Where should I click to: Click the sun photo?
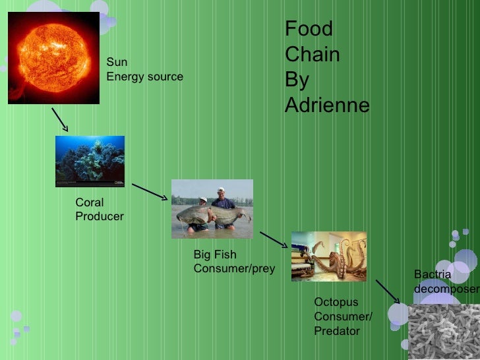(x=53, y=58)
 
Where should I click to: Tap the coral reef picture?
(x=90, y=161)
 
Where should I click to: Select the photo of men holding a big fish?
(x=212, y=208)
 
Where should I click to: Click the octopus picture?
(x=328, y=256)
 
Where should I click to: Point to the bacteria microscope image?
(x=444, y=332)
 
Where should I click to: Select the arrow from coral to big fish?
(x=150, y=191)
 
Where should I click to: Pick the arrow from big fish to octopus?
(x=274, y=239)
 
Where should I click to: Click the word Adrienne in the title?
(x=327, y=105)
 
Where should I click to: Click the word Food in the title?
(x=309, y=30)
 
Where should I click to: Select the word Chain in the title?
(x=312, y=55)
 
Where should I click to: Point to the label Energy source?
(x=145, y=77)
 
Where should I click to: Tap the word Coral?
(x=90, y=202)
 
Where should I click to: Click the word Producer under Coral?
(x=100, y=216)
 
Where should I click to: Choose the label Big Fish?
(x=214, y=255)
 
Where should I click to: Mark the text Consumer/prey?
(x=233, y=269)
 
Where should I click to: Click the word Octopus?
(x=336, y=302)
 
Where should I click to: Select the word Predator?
(x=337, y=331)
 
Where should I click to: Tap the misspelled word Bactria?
(x=432, y=274)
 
